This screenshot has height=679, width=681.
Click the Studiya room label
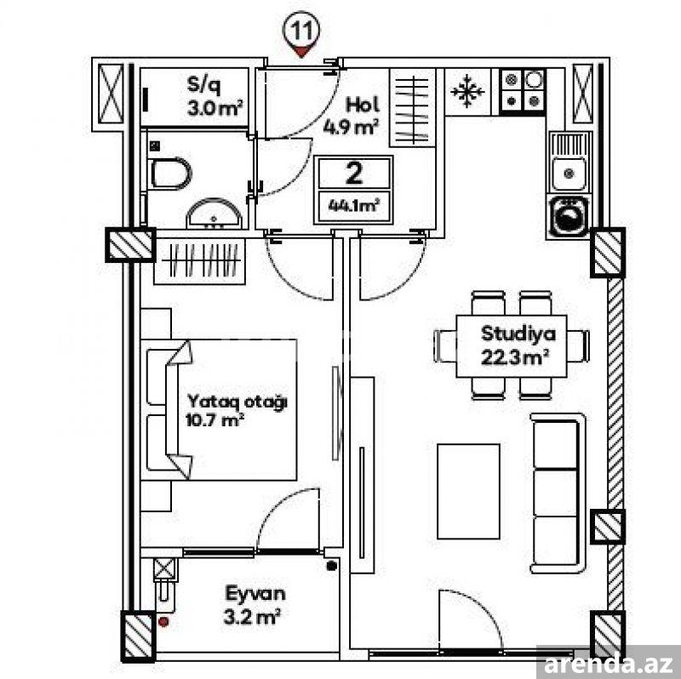point(518,334)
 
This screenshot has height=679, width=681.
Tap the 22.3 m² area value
point(515,358)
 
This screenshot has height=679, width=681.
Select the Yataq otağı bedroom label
point(237,402)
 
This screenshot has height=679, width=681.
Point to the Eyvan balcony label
point(255,593)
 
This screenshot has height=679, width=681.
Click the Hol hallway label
point(362,105)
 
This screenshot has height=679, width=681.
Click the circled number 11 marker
point(300,32)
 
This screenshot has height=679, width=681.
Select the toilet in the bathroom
point(171,174)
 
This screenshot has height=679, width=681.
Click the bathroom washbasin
point(215,214)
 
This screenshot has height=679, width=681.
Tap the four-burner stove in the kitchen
point(523,91)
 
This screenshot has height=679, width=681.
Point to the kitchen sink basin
point(569,174)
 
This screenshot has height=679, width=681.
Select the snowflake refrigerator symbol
point(467,91)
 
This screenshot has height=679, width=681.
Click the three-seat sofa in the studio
point(558,494)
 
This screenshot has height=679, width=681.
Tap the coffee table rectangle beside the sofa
point(469,492)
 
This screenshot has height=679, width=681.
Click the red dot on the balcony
point(163,622)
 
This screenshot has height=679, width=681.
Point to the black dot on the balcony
point(331,565)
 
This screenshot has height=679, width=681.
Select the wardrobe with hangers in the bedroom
point(200,261)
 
